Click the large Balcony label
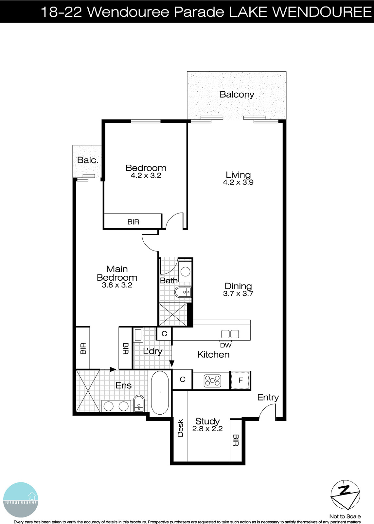pyautogui.click(x=237, y=95)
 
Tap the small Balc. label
pyautogui.click(x=88, y=160)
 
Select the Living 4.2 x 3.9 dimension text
pyautogui.click(x=238, y=182)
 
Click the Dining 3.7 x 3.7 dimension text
pyautogui.click(x=238, y=294)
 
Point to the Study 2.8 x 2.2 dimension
pyautogui.click(x=207, y=429)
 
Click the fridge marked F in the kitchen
pyautogui.click(x=240, y=381)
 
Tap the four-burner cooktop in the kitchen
pyautogui.click(x=212, y=381)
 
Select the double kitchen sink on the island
pyautogui.click(x=230, y=334)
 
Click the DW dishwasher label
pyautogui.click(x=225, y=345)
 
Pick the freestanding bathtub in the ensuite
pyautogui.click(x=160, y=392)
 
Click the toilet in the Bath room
pyautogui.click(x=183, y=292)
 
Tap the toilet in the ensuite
pyautogui.click(x=139, y=403)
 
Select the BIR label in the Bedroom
pyautogui.click(x=133, y=222)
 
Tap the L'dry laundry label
pyautogui.click(x=152, y=351)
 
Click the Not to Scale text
pyautogui.click(x=345, y=516)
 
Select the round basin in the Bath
pyautogui.click(x=186, y=272)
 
